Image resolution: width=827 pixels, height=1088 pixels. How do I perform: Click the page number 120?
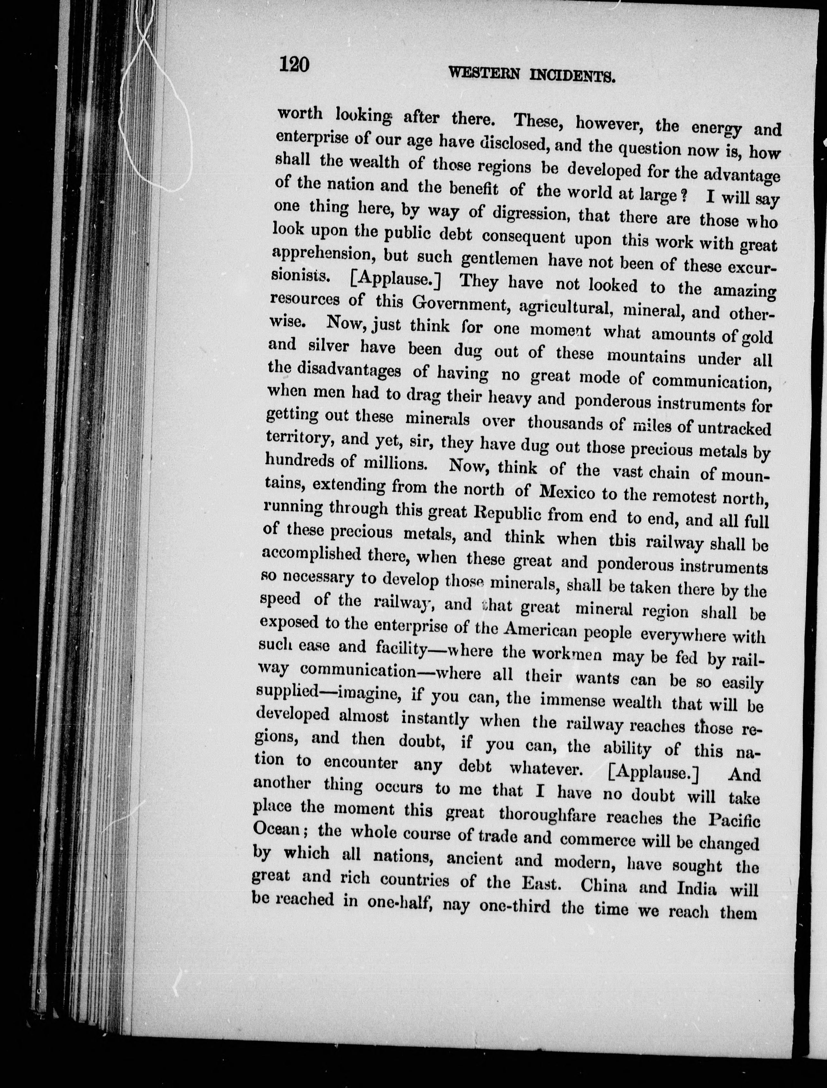pos(294,64)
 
